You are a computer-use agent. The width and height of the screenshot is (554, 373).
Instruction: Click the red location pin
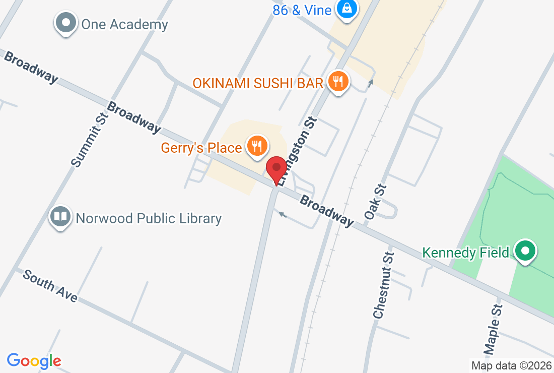276,169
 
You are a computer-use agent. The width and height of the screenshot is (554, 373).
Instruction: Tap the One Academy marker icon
66,23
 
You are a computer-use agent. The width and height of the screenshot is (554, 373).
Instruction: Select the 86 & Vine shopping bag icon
347,8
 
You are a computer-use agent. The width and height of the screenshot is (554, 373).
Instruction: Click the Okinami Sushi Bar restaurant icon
338,81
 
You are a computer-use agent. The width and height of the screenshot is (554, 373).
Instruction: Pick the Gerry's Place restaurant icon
257,147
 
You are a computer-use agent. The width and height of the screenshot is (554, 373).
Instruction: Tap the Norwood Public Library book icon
60,217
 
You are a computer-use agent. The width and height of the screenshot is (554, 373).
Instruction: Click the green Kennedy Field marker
525,251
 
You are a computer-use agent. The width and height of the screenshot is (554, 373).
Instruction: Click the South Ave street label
50,286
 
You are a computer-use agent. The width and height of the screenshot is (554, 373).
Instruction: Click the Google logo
34,360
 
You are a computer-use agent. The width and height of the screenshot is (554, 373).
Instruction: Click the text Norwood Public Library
149,218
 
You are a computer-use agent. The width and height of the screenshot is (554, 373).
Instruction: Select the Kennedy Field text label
466,252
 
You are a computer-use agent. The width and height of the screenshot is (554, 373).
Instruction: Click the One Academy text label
124,24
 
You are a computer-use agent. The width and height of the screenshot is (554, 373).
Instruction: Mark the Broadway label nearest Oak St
326,211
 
